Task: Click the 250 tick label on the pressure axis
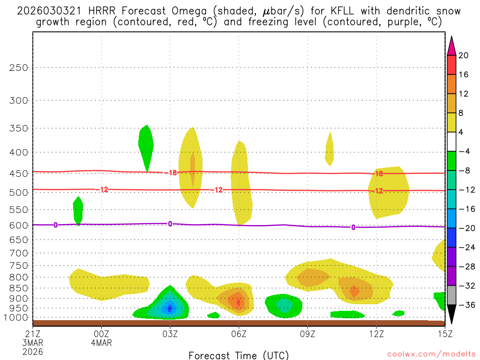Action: pos(18,67)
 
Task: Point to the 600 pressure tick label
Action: pos(18,225)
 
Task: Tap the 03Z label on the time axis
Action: pos(170,334)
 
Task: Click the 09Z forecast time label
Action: pos(307,334)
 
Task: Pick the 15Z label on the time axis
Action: pos(444,334)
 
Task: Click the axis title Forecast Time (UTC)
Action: pos(239,355)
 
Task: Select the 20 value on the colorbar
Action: pos(464,55)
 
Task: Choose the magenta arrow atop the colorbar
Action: pos(451,45)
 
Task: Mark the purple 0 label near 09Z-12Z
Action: pos(353,227)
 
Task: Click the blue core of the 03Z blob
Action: pos(170,308)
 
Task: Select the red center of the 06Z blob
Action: pos(239,303)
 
